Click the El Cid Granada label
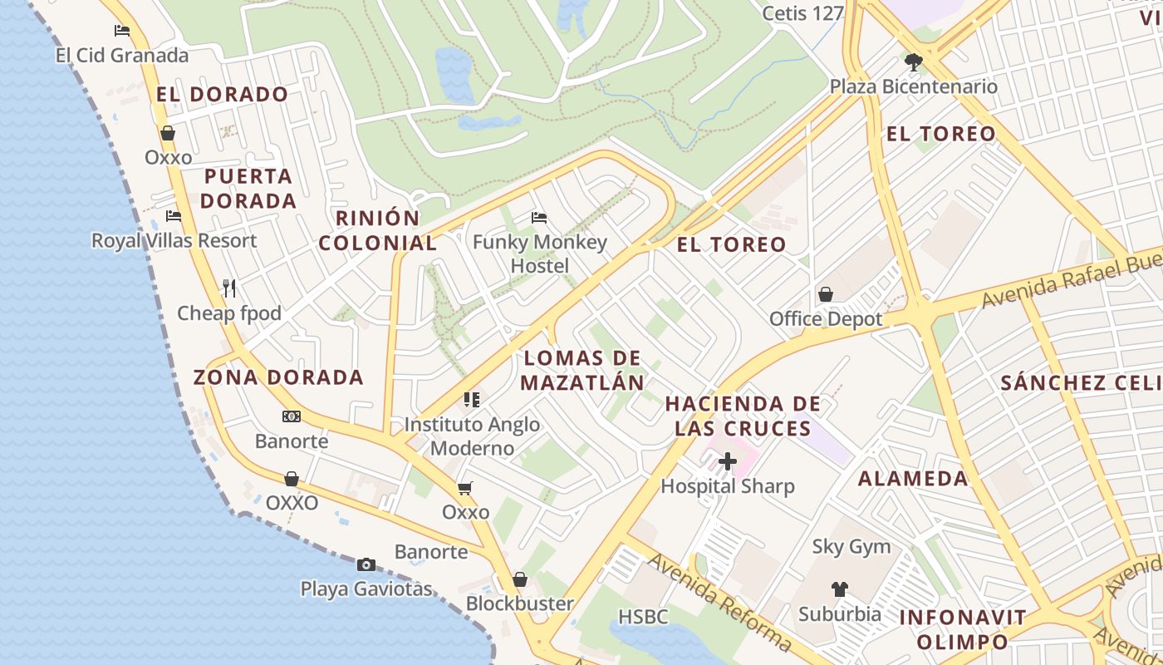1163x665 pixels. pyautogui.click(x=122, y=56)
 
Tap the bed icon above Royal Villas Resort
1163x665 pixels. pyautogui.click(x=174, y=216)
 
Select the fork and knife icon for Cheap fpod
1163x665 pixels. pyautogui.click(x=229, y=288)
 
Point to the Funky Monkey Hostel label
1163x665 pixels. pyautogui.click(x=540, y=254)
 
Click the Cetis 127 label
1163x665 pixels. pyautogui.click(x=802, y=13)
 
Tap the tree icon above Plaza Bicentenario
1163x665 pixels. pyautogui.click(x=914, y=62)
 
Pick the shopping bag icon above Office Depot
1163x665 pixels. pyautogui.click(x=826, y=294)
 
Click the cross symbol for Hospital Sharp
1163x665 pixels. pyautogui.click(x=728, y=461)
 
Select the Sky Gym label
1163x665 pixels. pyautogui.click(x=851, y=547)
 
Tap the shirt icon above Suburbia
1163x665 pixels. pyautogui.click(x=840, y=589)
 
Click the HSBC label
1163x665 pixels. pyautogui.click(x=643, y=617)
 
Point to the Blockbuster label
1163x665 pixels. pyautogui.click(x=519, y=603)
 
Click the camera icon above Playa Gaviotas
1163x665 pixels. pyautogui.click(x=366, y=564)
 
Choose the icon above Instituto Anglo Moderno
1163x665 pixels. pyautogui.click(x=472, y=400)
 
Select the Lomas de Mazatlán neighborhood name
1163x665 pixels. pyautogui.click(x=583, y=370)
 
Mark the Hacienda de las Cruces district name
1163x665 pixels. pyautogui.click(x=743, y=416)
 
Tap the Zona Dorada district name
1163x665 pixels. pyautogui.click(x=278, y=377)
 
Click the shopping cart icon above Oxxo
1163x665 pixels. pyautogui.click(x=465, y=488)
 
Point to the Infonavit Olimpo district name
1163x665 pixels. pyautogui.click(x=963, y=629)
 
